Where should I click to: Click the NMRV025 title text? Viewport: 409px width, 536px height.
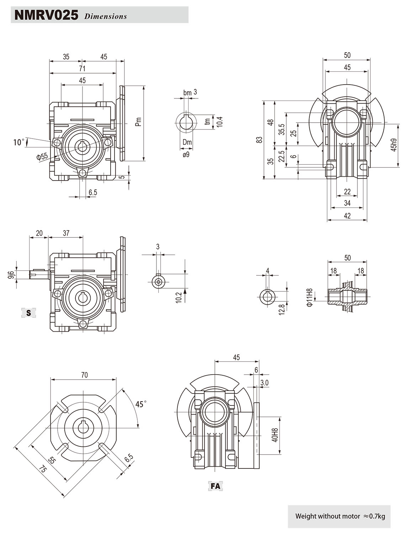click(46, 16)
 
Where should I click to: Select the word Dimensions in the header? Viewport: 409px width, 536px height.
click(105, 16)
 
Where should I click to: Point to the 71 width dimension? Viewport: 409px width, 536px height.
click(82, 69)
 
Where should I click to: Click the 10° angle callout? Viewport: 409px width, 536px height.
click(18, 142)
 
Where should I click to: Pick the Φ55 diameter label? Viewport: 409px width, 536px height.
click(42, 157)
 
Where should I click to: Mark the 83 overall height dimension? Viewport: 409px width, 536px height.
click(260, 140)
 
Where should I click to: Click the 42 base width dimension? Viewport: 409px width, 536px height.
click(347, 216)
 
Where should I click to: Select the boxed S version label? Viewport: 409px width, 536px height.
click(29, 313)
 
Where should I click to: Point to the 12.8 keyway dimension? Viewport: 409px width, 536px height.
click(282, 309)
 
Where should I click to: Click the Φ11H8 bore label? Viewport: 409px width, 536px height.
click(310, 298)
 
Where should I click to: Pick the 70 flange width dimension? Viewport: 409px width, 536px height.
click(84, 375)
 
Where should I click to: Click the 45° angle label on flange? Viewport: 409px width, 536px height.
click(140, 404)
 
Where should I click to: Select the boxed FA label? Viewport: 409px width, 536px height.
click(216, 486)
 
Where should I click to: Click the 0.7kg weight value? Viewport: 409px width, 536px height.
click(377, 516)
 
